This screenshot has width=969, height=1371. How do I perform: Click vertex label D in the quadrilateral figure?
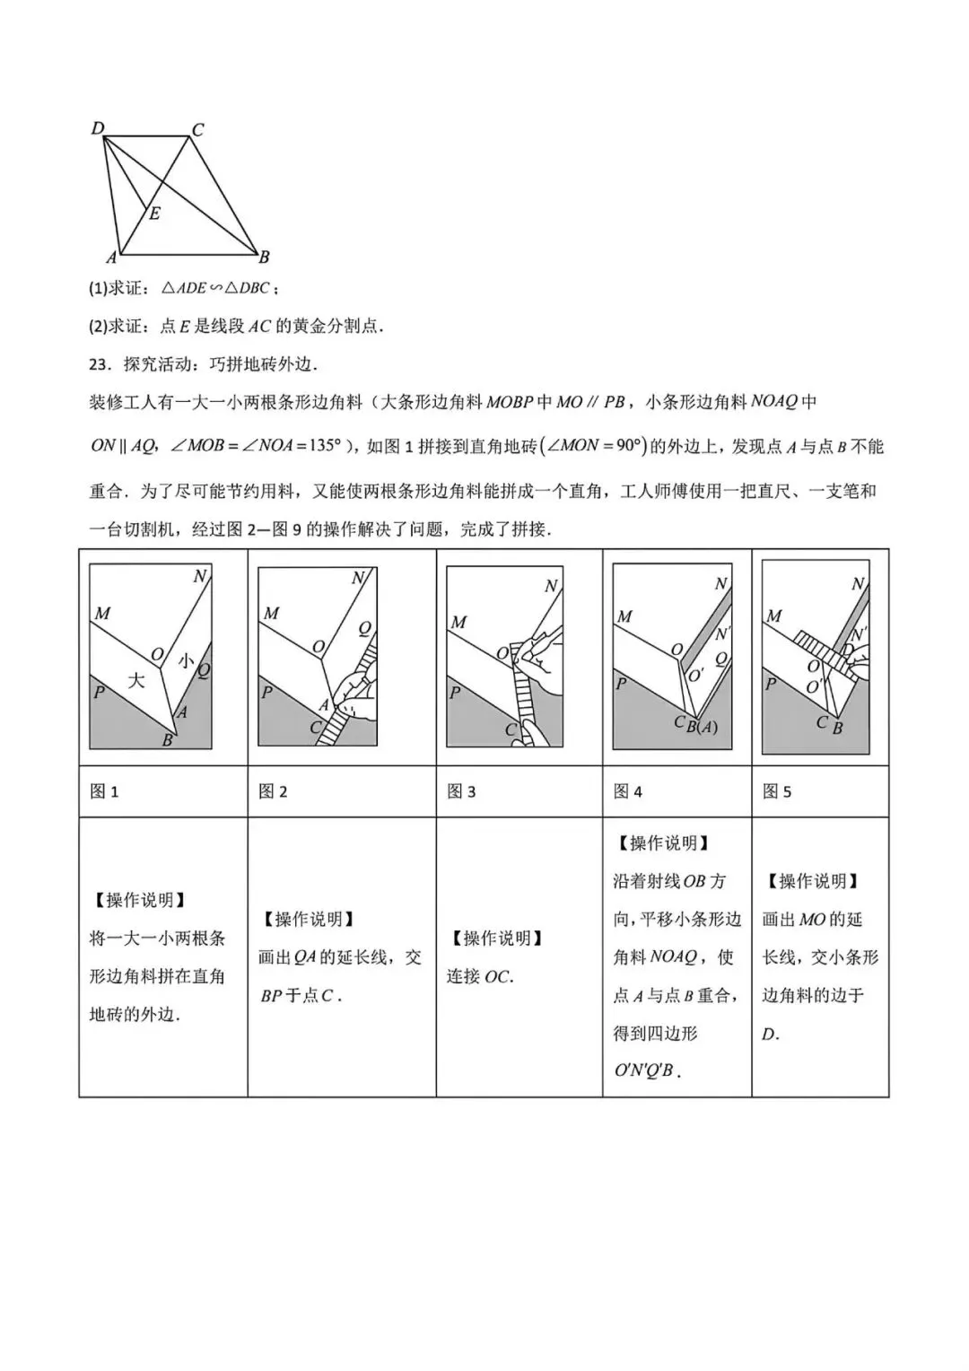click(x=98, y=128)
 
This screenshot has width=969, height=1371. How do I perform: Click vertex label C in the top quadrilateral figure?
click(x=198, y=129)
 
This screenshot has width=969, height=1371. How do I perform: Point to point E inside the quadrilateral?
click(x=154, y=214)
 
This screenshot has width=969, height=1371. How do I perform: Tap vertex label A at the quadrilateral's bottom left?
click(x=111, y=258)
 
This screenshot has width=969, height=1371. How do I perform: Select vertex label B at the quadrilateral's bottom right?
click(x=264, y=258)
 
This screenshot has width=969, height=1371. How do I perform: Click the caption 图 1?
click(x=105, y=791)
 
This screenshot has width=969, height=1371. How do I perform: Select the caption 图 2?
click(x=273, y=791)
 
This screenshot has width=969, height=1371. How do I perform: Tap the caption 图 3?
click(x=461, y=791)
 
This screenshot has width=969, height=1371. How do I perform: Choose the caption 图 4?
click(x=628, y=791)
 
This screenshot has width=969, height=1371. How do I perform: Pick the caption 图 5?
click(x=777, y=791)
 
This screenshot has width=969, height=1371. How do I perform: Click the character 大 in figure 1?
click(x=135, y=680)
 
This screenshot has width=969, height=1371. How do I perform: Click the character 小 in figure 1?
click(x=185, y=661)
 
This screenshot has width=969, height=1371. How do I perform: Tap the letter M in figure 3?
click(x=458, y=622)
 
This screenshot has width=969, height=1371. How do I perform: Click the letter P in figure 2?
click(x=266, y=693)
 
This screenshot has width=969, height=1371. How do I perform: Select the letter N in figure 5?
click(x=857, y=584)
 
